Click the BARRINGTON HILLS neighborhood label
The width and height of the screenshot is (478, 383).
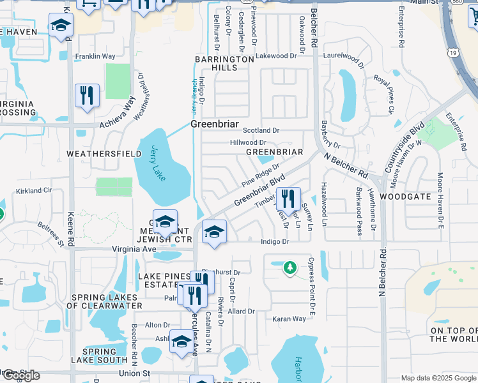pyautogui.click(x=224, y=63)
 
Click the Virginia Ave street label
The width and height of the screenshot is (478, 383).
pyautogui.click(x=134, y=249)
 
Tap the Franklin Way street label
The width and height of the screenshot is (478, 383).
pyautogui.click(x=95, y=56)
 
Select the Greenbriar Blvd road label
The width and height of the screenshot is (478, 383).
pyautogui.click(x=258, y=191)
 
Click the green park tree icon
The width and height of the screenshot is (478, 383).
pyautogui.click(x=289, y=267)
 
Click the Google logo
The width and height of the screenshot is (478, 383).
pyautogui.click(x=20, y=375)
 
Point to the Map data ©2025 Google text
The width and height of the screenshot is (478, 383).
pyautogui.click(x=438, y=378)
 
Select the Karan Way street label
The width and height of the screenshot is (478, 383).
pyautogui.click(x=289, y=319)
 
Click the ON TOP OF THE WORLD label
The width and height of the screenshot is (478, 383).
pyautogui.click(x=452, y=334)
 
